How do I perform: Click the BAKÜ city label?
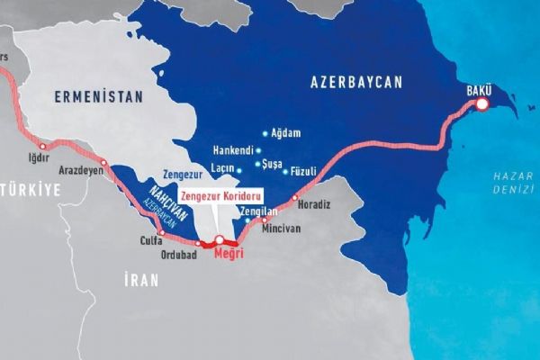click(479, 89)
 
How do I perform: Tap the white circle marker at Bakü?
click(482, 105)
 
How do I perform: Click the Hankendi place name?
click(235, 150)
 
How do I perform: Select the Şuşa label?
click(271, 165)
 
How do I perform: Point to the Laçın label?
click(220, 167)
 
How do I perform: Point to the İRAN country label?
click(142, 280)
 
